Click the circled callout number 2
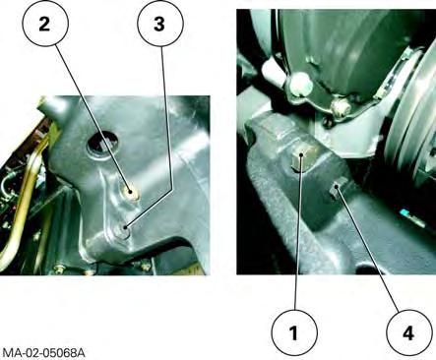pyautogui.click(x=44, y=25)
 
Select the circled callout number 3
pyautogui.click(x=159, y=25)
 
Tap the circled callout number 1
pyautogui.click(x=294, y=333)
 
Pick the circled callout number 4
pyautogui.click(x=408, y=333)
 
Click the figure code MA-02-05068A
pyautogui.click(x=43, y=353)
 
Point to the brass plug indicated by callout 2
pyautogui.click(x=130, y=192)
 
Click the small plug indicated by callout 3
pyautogui.click(x=125, y=228)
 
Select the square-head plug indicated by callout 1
pyautogui.click(x=300, y=158)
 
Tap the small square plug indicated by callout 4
pyautogui.click(x=336, y=191)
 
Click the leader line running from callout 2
pyautogui.click(x=93, y=119)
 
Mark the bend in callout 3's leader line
pyautogui.click(x=171, y=190)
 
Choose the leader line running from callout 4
pyautogui.click(x=368, y=250)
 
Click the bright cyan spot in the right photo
pyautogui.click(x=405, y=213)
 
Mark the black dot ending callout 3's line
pyautogui.click(x=125, y=227)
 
